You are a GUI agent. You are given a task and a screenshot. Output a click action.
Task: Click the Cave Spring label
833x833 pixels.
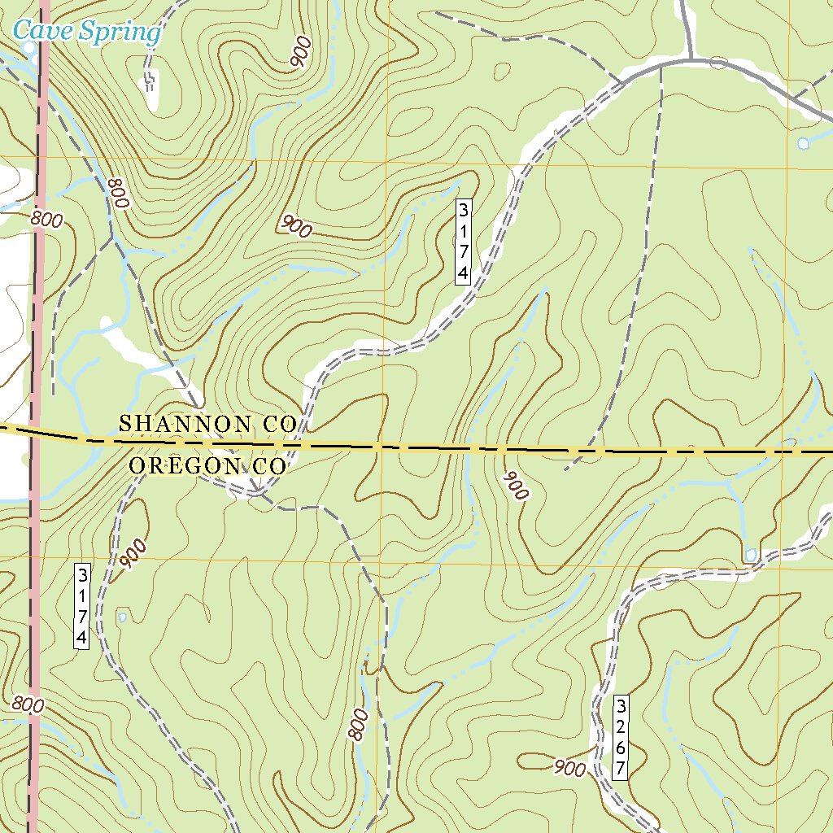pos(87,33)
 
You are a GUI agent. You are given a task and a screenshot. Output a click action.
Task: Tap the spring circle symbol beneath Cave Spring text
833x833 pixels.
pos(29,49)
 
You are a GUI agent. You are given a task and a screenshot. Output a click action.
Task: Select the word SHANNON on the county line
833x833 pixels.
pos(185,424)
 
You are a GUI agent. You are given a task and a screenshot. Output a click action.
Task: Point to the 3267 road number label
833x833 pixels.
pos(620,737)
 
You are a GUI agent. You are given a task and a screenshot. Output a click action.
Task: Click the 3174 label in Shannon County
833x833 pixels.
pos(463,242)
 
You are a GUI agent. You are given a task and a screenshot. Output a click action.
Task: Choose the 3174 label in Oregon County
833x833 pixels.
pos(81,605)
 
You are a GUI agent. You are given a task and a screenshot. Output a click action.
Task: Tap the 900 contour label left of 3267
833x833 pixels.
pos(569,767)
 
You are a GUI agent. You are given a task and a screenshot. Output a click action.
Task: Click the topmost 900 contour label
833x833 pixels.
pos(299,53)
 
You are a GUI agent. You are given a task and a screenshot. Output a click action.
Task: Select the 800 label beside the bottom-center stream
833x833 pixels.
pos(359,724)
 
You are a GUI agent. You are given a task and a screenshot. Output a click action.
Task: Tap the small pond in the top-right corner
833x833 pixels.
pos(803,144)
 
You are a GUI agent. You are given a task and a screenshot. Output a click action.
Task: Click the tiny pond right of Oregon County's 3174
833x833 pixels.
pos(122,617)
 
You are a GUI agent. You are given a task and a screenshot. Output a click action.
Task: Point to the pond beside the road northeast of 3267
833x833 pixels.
pos(750,556)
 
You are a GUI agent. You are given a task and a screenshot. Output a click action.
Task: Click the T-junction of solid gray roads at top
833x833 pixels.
pos(690,59)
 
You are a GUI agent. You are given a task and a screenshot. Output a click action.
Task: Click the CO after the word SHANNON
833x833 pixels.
pos(277,424)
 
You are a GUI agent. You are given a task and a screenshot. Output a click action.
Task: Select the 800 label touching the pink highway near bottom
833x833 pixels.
pos(28,704)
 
